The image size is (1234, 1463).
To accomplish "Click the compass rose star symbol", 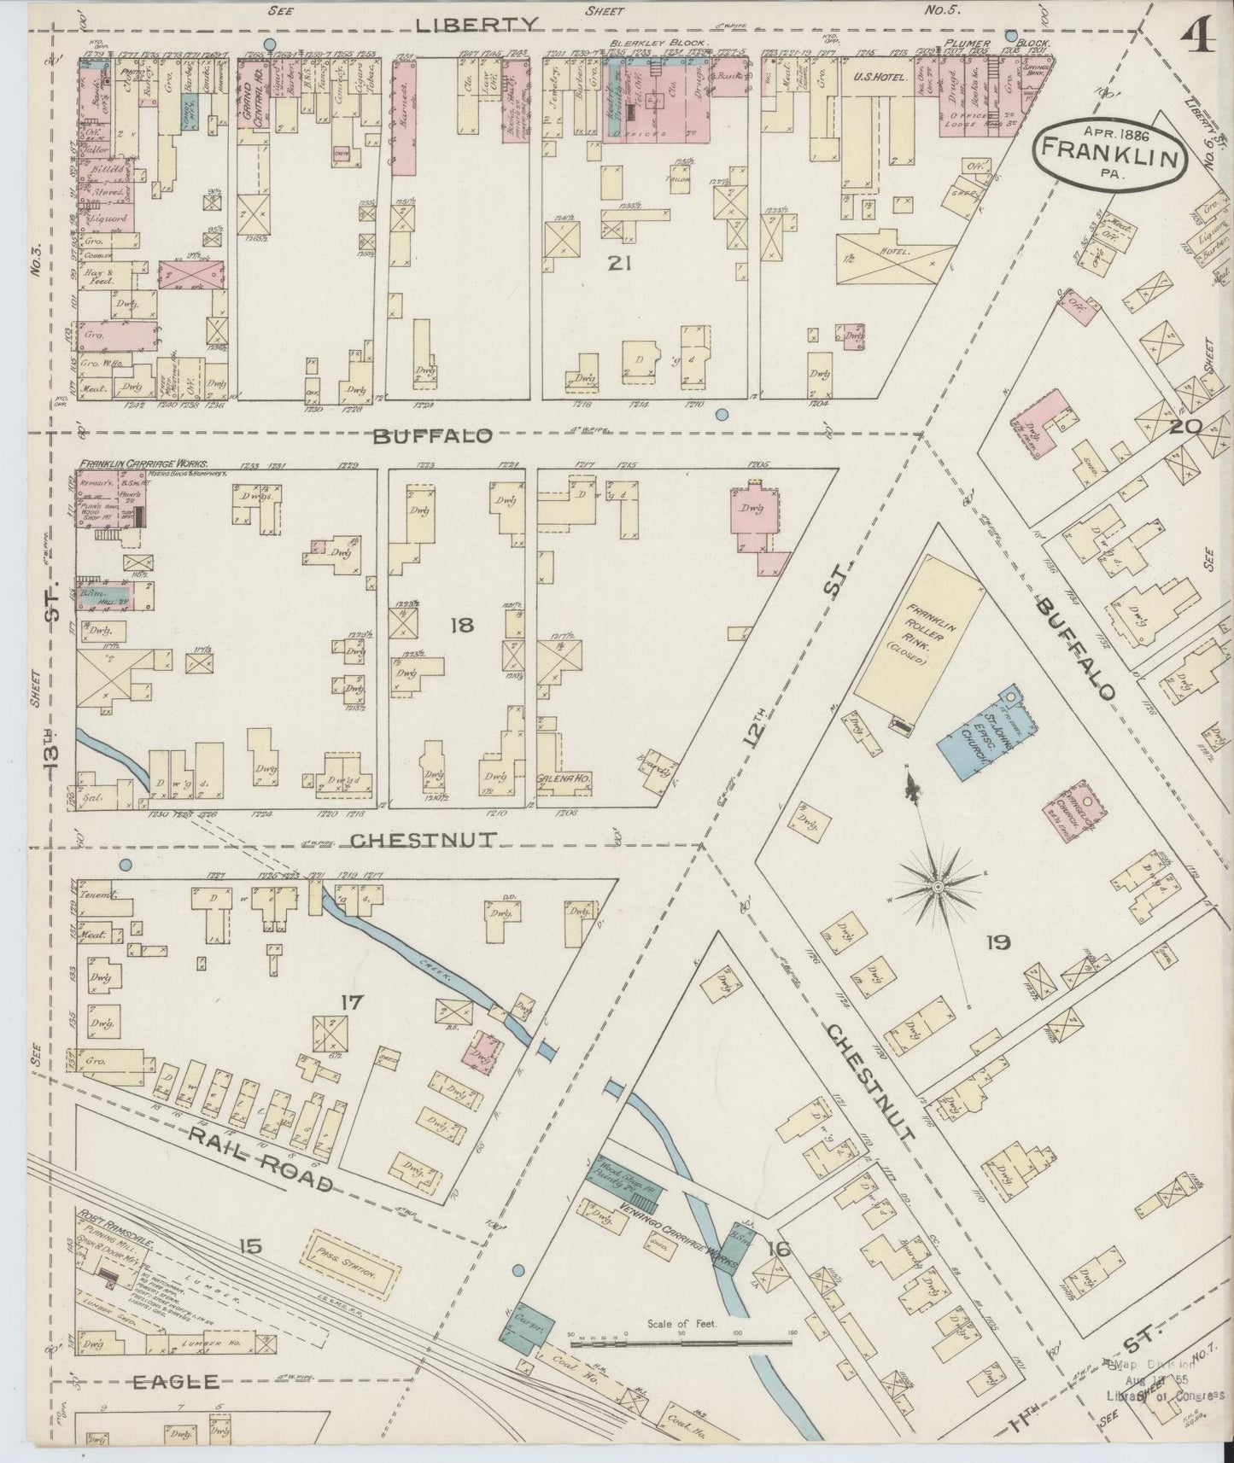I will [938, 888].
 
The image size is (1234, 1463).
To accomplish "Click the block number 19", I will [997, 942].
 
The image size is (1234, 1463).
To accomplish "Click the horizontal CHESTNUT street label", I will [423, 840].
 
